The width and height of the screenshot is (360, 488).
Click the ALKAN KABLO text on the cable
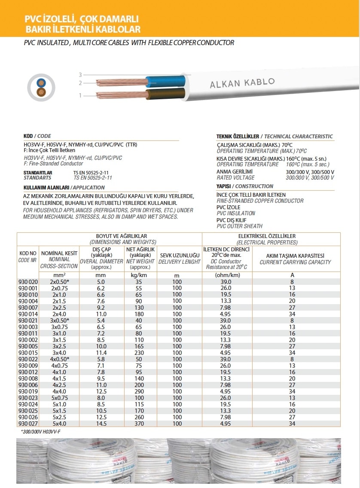click(242, 83)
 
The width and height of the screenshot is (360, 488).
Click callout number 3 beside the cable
click(80, 75)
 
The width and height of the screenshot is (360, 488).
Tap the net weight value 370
click(138, 423)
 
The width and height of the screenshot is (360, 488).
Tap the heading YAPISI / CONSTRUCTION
click(245, 186)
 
